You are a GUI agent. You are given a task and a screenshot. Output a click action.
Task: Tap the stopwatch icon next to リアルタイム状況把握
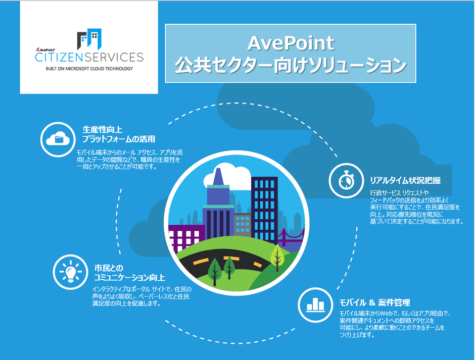point(346,180)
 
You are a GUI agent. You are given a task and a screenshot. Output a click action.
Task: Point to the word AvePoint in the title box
point(291,43)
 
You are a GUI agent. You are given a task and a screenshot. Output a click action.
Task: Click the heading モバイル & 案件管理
point(374,303)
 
